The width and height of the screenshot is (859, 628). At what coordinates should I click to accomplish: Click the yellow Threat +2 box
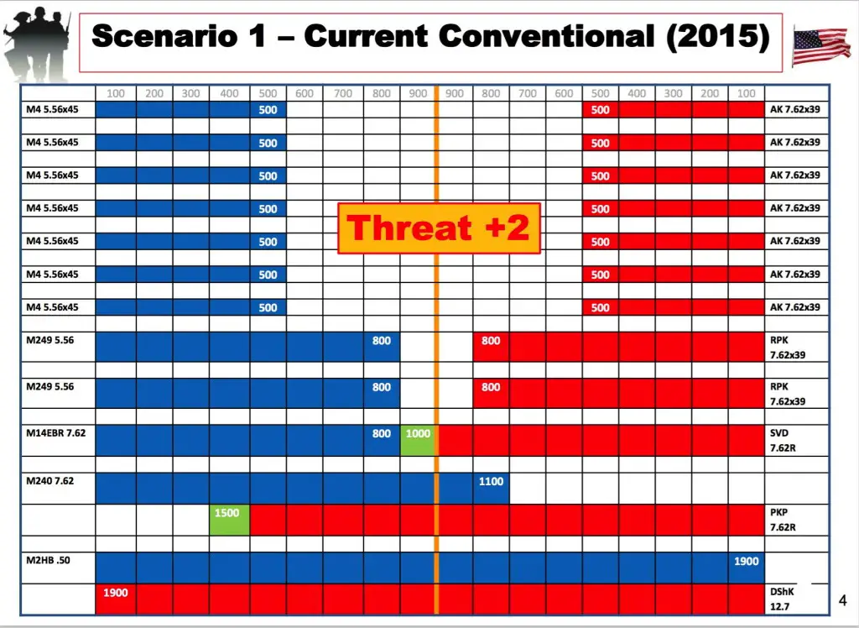439,228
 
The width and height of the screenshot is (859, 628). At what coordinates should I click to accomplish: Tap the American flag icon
821,46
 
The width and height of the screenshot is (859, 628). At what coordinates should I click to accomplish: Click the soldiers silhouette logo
37,42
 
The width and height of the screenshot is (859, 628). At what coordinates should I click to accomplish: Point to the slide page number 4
842,600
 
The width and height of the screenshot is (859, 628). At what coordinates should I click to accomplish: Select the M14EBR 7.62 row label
56,432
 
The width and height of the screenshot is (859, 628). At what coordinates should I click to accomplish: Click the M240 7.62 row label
49,481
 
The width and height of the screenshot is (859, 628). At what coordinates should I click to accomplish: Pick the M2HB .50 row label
48,560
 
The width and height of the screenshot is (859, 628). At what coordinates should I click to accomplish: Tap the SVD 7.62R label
783,441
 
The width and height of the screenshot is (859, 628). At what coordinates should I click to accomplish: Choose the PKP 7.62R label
783,520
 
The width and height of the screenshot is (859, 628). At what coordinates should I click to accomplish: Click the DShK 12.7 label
782,599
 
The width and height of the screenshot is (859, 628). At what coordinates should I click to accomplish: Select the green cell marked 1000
418,440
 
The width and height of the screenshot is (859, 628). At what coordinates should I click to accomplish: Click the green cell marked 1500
230,520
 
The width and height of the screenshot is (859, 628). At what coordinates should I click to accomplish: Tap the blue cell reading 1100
491,488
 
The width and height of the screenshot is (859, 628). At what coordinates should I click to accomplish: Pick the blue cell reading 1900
746,568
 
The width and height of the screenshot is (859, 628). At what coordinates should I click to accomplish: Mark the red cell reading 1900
116,599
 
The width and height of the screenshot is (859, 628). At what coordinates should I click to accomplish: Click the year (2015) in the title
718,37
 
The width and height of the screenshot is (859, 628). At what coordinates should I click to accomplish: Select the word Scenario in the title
165,37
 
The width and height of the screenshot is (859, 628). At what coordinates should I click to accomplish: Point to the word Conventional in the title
547,36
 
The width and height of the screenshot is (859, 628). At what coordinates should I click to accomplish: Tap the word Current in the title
366,36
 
